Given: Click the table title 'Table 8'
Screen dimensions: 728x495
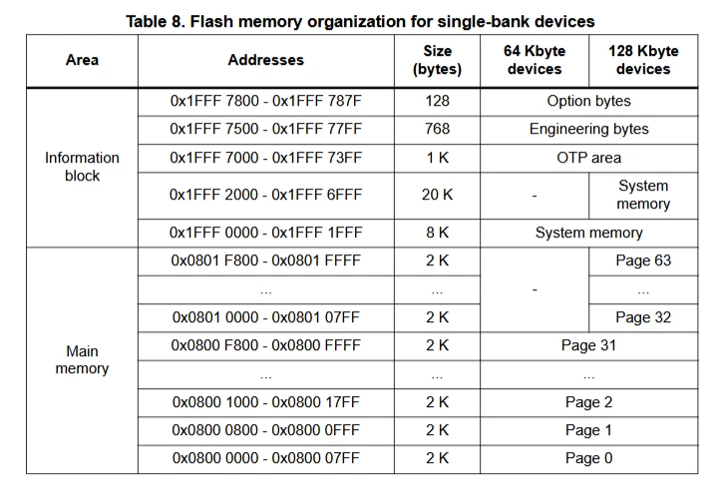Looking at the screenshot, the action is pos(154,21).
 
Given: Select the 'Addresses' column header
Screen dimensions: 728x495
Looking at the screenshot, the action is pos(265,60).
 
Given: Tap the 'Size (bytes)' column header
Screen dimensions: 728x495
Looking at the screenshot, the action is pos(437,60).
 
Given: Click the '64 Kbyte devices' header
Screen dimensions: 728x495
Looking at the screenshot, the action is pos(535,60).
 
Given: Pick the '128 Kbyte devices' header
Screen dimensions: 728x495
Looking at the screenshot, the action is pos(643,60).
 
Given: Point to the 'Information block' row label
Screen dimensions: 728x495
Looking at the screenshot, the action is pos(82,167).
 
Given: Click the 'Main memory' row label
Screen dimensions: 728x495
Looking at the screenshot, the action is pos(82,359).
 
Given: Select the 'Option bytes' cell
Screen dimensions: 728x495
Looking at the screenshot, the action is pos(588,101).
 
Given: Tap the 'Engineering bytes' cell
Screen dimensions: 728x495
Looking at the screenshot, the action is pos(588,129).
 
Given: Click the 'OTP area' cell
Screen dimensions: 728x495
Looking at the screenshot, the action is pos(588,158).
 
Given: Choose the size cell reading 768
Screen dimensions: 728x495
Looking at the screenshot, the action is pos(437,129).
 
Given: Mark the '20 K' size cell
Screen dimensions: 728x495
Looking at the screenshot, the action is pos(437,195).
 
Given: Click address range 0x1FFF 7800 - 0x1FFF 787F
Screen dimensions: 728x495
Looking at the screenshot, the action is pos(265,101).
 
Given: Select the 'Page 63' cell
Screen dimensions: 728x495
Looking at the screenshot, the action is pos(643,260).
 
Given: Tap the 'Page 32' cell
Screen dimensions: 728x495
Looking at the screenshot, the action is pos(643,317).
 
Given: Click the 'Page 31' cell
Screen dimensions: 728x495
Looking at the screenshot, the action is pos(588,345).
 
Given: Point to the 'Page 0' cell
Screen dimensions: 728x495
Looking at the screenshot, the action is pos(588,458).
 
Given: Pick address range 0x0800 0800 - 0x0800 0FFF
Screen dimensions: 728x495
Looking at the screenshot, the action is pos(265,430).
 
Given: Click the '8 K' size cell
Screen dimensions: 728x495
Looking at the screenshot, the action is pos(437,233).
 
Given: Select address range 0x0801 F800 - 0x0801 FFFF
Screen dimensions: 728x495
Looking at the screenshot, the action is pos(265,260).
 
